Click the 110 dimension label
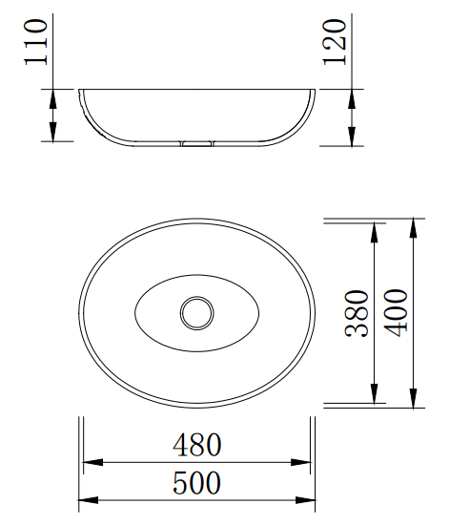[35, 42]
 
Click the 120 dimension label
[334, 42]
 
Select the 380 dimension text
[357, 313]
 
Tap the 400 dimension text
[396, 313]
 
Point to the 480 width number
[197, 445]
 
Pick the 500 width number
[197, 483]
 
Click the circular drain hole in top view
[197, 313]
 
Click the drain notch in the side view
[197, 143]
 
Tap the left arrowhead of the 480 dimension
[92, 462]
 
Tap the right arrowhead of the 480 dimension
[300, 462]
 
